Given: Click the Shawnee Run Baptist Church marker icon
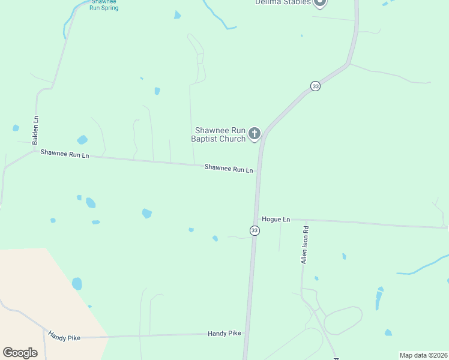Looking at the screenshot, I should point(255,133).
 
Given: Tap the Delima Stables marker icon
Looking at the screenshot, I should point(320,2).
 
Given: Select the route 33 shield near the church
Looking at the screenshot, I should point(316,86).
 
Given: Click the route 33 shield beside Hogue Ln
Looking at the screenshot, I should point(255,230).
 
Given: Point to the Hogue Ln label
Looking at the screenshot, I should point(276,220).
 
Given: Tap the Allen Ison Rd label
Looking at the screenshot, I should point(305,245).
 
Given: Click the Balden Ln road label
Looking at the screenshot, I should point(35,130).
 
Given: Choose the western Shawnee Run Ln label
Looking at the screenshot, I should point(65,155).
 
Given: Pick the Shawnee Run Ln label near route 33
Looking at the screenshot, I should point(229,169).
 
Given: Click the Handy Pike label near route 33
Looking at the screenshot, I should point(224,333).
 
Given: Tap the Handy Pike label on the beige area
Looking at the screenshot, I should point(65,338).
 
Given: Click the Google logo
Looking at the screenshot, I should point(20,353).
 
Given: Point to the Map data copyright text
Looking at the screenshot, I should point(423,355).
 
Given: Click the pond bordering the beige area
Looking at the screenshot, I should point(77,283).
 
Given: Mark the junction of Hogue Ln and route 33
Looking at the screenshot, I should point(256,220).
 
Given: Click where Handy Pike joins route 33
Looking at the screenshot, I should point(247,333).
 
